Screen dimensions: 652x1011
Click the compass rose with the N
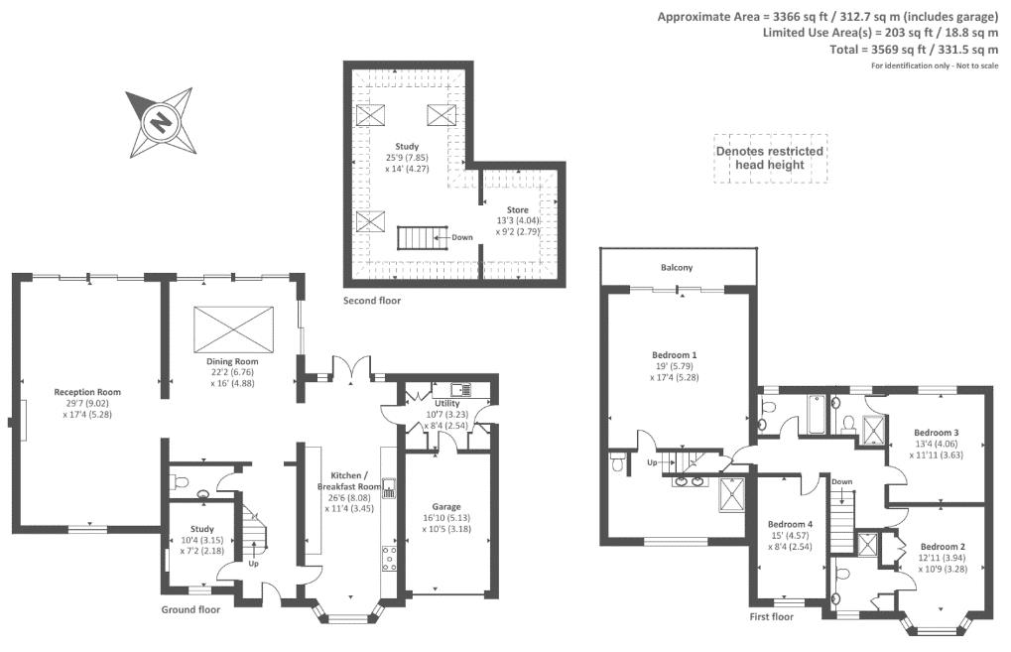coord(159,123)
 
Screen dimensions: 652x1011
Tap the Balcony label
coord(677,268)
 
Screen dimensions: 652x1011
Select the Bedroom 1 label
coord(675,354)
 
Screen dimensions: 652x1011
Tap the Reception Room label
coord(87,392)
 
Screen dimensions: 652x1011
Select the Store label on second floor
coord(518,210)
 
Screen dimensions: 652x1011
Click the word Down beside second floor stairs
coord(462,237)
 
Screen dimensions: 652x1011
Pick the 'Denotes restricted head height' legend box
coord(770,158)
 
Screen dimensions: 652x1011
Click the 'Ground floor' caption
coord(190,609)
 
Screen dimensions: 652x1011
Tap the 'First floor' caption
coord(771,616)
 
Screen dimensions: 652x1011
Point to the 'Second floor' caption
coord(372,300)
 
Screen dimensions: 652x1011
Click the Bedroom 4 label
coord(790,524)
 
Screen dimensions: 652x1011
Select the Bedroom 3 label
coord(936,433)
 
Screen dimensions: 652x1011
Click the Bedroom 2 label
coord(942,547)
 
